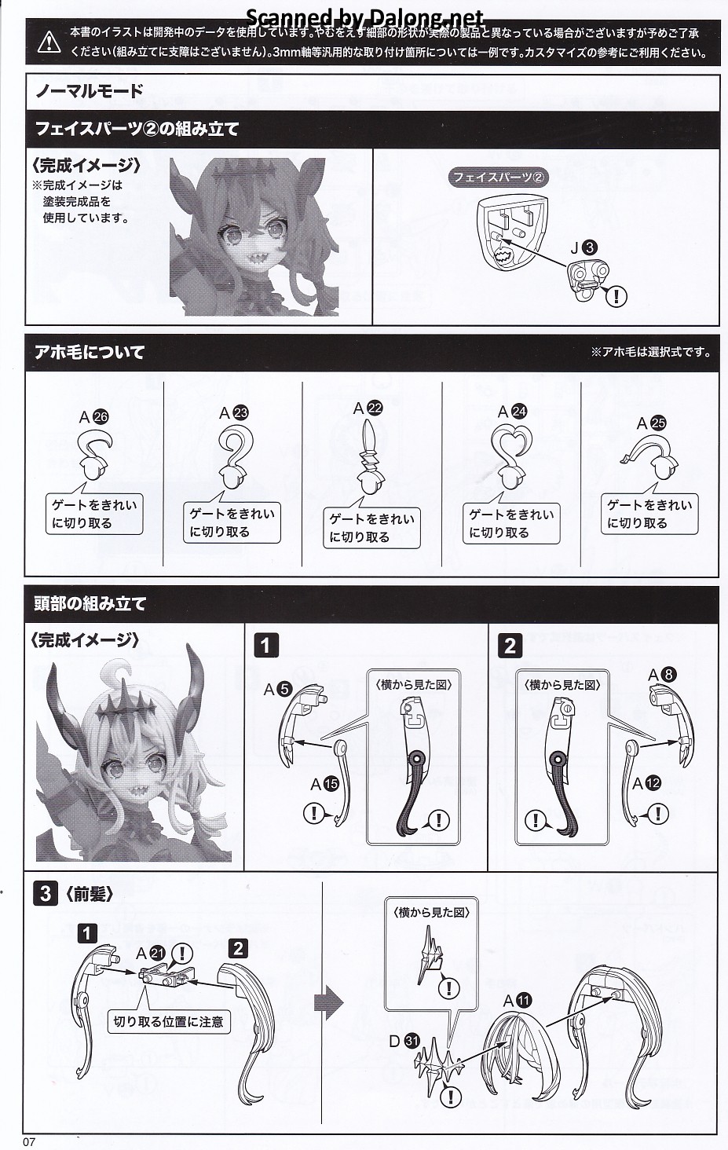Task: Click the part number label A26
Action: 93,417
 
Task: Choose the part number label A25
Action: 651,423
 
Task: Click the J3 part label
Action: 583,248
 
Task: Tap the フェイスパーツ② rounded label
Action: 498,178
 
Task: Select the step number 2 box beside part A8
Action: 510,646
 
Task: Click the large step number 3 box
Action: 46,894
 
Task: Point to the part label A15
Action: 324,784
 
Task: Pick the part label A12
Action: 646,783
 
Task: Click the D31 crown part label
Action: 404,1040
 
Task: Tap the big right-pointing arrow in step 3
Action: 328,1002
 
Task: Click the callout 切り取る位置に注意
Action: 168,1021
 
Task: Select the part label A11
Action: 518,1001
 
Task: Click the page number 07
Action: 29,1141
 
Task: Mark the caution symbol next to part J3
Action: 616,295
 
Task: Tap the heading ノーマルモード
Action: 90,91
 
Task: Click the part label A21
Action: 151,954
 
